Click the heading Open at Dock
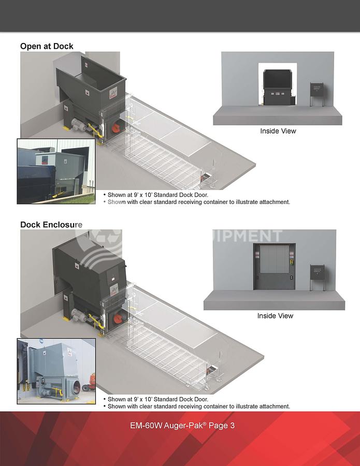47,46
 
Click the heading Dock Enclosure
51,225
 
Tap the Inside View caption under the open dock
278,131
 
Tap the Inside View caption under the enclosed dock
275,316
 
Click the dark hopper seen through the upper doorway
279,82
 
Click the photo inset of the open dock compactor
56,171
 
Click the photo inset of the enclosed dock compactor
56,371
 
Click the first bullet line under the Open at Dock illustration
158,195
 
